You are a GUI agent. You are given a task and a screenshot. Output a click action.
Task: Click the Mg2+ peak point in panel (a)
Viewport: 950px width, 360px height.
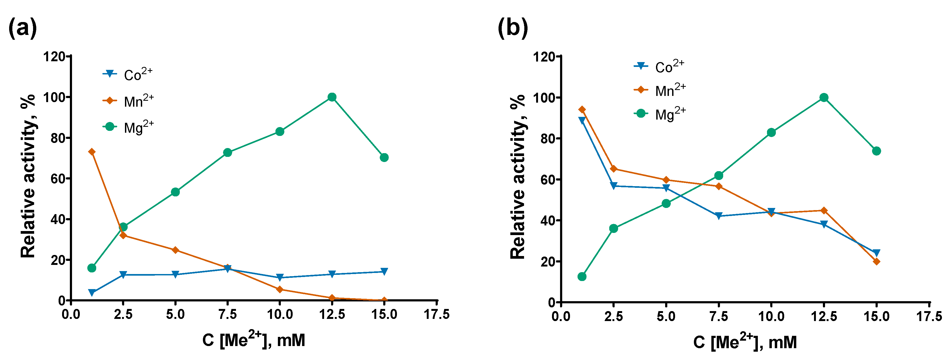(332, 97)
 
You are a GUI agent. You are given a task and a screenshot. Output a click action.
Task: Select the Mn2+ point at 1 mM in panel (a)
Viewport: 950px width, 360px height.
(92, 152)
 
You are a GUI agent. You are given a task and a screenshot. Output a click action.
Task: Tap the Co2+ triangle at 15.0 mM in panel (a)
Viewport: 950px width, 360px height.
(384, 272)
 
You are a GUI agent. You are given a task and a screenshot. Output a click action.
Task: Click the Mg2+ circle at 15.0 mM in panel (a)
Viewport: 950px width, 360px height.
(384, 157)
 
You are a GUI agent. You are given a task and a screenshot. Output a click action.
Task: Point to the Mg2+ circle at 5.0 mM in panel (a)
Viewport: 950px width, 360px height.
(175, 192)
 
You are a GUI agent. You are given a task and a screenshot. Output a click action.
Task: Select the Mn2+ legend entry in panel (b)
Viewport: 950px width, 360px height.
(660, 90)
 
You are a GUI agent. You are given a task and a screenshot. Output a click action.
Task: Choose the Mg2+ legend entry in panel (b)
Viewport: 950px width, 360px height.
(660, 114)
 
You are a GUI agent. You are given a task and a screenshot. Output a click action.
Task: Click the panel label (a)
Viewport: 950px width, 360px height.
(22, 28)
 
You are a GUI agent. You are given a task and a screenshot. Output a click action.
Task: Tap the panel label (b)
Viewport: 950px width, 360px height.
(512, 28)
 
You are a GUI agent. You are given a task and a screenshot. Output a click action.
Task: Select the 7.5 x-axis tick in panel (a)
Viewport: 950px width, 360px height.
(228, 315)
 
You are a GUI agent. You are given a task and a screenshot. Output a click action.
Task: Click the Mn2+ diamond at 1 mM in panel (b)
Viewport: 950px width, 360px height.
(582, 110)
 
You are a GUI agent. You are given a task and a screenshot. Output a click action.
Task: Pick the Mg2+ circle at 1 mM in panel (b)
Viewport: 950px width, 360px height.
(582, 277)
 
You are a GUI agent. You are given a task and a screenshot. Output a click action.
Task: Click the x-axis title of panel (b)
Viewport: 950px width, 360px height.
(745, 341)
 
